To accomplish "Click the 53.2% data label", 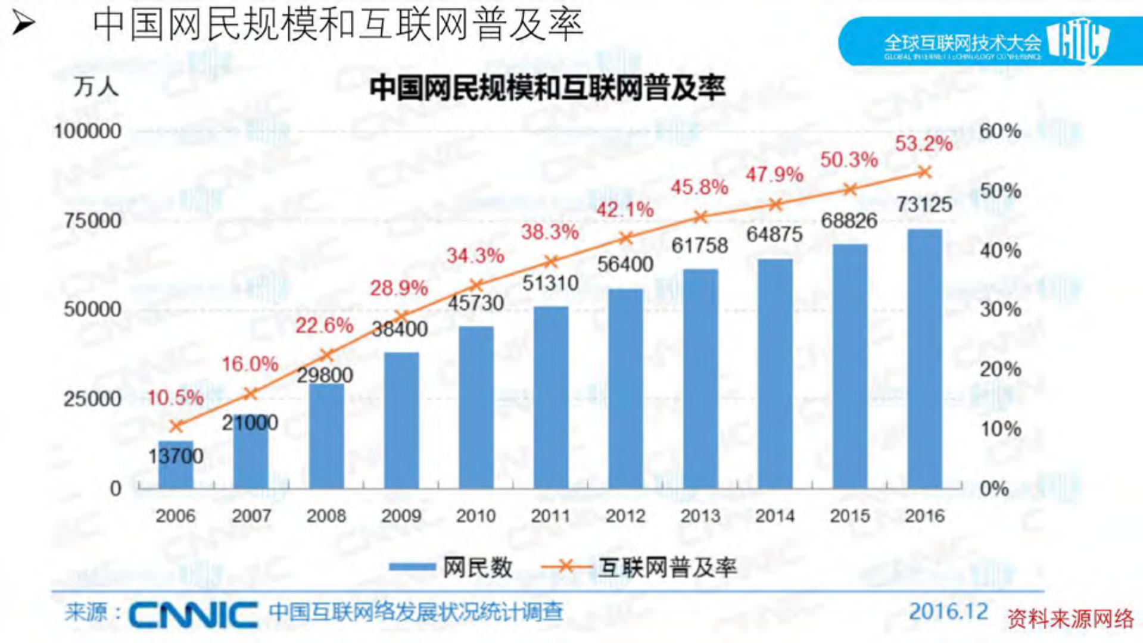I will pos(924,143).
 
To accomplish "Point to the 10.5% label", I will pos(175,398).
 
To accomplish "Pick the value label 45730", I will pos(476,303).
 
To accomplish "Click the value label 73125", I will pos(924,205).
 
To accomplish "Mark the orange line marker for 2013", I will pos(701,217).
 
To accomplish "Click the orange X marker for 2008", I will pos(326,355).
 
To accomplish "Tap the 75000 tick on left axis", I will pos(92,221).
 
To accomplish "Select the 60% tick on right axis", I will pos(1000,131).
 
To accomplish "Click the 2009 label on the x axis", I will pos(401,516).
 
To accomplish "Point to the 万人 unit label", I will pos(96,88).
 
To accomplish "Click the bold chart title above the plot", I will pos(547,88).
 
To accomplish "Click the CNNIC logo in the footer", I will pos(193,614).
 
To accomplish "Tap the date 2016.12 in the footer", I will pos(948,611).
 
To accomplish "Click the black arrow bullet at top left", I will pos(23,24).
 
